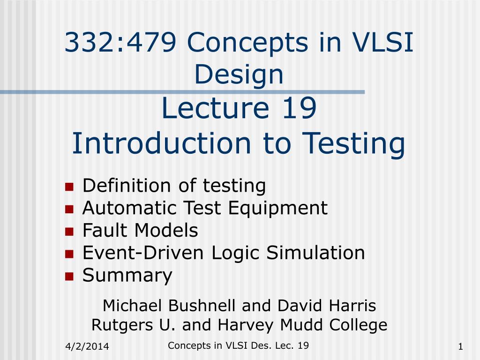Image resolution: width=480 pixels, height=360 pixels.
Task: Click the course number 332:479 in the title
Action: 120,43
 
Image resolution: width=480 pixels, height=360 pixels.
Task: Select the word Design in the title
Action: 239,75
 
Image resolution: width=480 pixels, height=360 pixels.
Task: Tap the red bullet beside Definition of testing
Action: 69,187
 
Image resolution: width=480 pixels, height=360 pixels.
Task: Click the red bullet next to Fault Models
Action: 69,232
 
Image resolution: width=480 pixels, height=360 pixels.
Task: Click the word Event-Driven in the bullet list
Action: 144,253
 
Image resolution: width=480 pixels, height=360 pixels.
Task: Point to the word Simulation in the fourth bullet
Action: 315,253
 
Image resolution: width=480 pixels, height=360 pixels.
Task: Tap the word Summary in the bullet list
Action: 127,276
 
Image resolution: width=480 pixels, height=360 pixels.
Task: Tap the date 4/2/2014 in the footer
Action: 86,347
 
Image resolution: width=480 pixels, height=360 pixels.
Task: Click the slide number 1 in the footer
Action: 461,347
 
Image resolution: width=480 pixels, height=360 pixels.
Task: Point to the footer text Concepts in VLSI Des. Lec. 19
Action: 238,346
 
